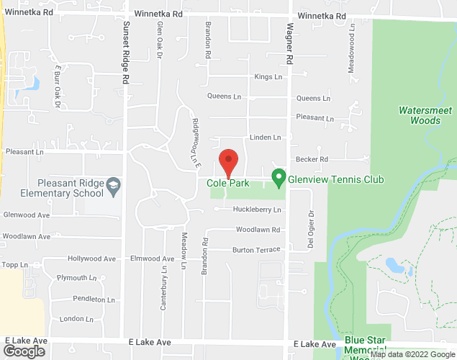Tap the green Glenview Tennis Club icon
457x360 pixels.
[278, 176]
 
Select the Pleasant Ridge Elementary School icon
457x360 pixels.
[113, 187]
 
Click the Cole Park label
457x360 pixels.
[228, 184]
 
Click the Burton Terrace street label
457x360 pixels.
[255, 250]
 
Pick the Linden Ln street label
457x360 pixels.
[265, 137]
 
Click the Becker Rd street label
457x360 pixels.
[312, 159]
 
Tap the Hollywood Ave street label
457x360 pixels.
[91, 258]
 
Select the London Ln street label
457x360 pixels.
[73, 319]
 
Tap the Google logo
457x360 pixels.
[23, 351]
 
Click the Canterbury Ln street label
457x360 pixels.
[163, 287]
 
